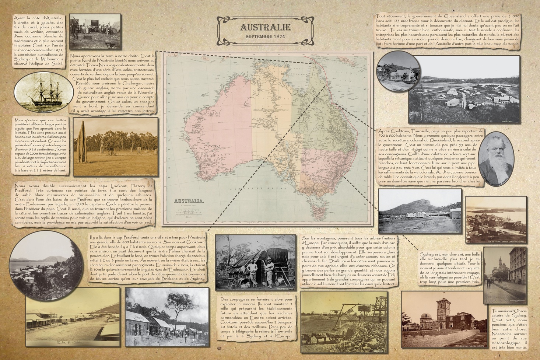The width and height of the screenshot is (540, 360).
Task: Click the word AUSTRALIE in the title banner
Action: [265, 27]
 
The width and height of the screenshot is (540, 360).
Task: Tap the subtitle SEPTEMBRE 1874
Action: [265, 37]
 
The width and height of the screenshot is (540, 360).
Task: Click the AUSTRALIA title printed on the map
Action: [189, 201]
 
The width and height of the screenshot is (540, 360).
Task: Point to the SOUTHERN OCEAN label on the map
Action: [258, 188]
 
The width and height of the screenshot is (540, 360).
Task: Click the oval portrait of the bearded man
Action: [495, 159]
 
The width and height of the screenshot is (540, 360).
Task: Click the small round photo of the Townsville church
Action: [398, 71]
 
